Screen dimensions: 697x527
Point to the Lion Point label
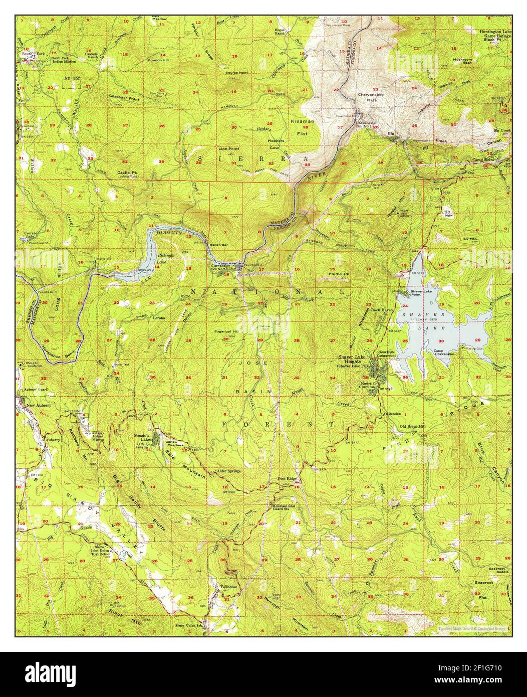(228, 149)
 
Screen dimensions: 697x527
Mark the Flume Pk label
(339, 274)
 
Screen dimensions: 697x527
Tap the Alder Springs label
(228, 471)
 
